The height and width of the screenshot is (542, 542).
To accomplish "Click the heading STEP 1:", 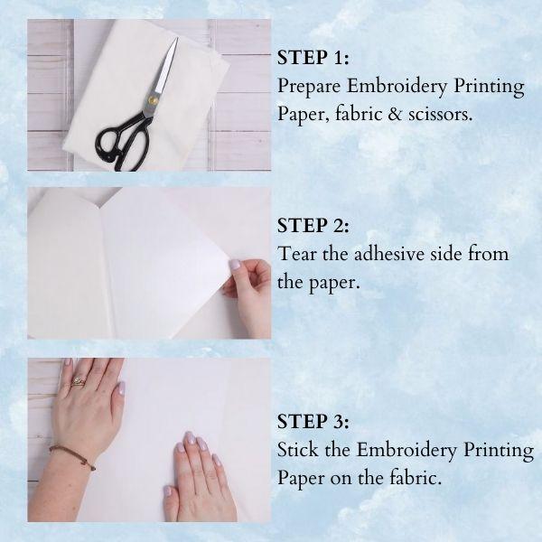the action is (x=313, y=58).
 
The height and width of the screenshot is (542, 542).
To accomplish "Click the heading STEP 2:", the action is (x=313, y=225).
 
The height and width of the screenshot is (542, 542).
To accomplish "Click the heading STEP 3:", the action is (x=313, y=421).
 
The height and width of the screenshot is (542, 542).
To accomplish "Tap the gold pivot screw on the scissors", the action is (x=153, y=100).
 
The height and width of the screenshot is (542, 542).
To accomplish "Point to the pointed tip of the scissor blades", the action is (x=177, y=38).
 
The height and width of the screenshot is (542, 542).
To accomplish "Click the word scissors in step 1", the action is (x=440, y=114).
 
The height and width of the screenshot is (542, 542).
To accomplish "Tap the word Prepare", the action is (x=309, y=87).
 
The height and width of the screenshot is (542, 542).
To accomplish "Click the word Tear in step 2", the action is (x=297, y=254).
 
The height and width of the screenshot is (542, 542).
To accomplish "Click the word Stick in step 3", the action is (x=297, y=450).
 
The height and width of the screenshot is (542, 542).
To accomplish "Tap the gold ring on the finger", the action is (x=78, y=382).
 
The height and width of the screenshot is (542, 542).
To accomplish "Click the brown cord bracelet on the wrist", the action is (x=73, y=456).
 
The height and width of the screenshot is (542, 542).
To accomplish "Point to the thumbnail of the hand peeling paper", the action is (x=235, y=265).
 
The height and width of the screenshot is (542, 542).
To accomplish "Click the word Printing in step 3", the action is (x=499, y=451).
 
